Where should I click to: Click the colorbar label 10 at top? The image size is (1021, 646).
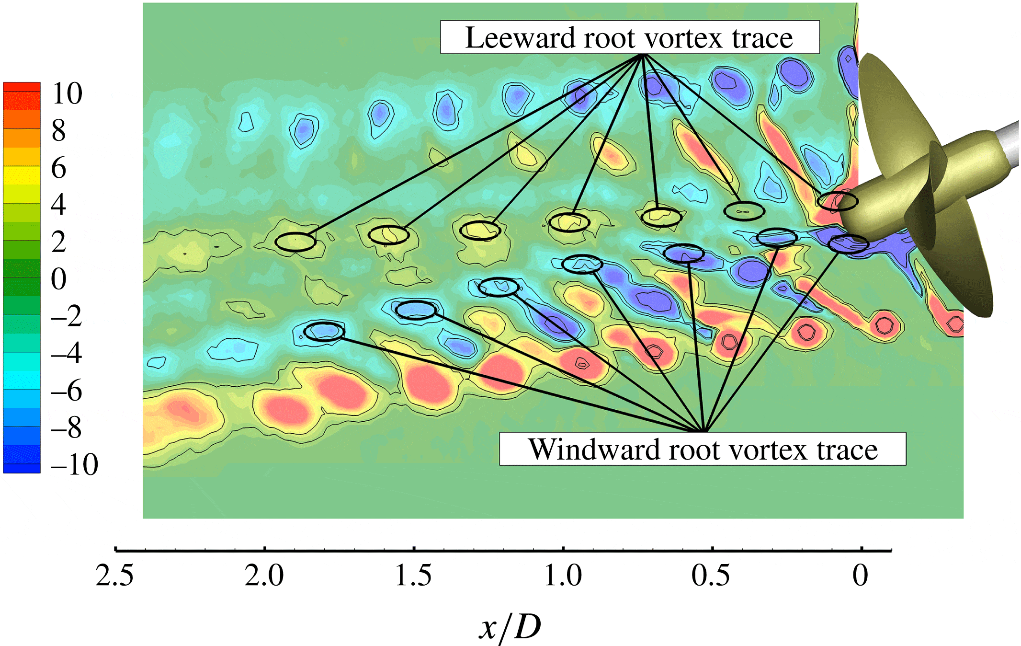tap(67, 93)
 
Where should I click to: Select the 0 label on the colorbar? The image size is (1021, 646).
tap(59, 278)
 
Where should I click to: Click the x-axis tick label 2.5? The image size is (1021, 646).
tap(114, 575)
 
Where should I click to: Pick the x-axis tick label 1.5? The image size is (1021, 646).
tap(413, 575)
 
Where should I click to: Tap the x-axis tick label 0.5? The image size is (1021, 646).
tap(711, 575)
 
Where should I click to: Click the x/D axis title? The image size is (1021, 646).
tap(510, 627)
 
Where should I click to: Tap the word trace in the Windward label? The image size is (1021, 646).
tap(847, 450)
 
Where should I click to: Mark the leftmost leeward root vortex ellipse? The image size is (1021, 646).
tap(295, 242)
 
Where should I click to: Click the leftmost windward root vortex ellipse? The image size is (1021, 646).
tap(324, 331)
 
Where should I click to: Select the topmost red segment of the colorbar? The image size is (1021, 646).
tap(22, 87)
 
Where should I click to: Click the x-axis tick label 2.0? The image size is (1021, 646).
tap(264, 575)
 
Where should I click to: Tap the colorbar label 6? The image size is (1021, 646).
tap(59, 168)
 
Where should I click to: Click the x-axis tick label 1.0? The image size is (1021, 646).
tap(563, 575)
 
